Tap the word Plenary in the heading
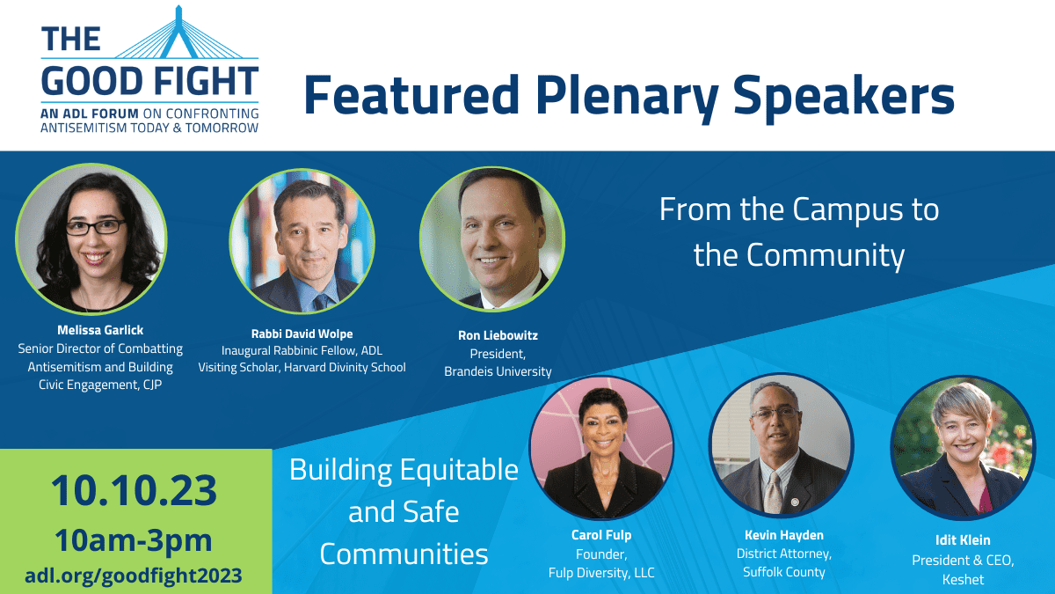(x=627, y=96)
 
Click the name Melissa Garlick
(x=100, y=330)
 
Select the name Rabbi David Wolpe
(x=302, y=334)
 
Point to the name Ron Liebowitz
(x=498, y=335)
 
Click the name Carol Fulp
(x=601, y=535)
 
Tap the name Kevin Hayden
(x=784, y=535)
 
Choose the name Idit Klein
(x=963, y=539)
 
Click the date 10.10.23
(x=134, y=491)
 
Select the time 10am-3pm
(x=134, y=540)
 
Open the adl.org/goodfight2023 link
(x=134, y=576)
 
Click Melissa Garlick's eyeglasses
(x=96, y=227)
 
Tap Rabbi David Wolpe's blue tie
(x=323, y=302)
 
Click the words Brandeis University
(x=498, y=371)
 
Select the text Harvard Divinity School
(x=345, y=367)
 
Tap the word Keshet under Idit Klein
(x=964, y=579)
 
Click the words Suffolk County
(x=784, y=572)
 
